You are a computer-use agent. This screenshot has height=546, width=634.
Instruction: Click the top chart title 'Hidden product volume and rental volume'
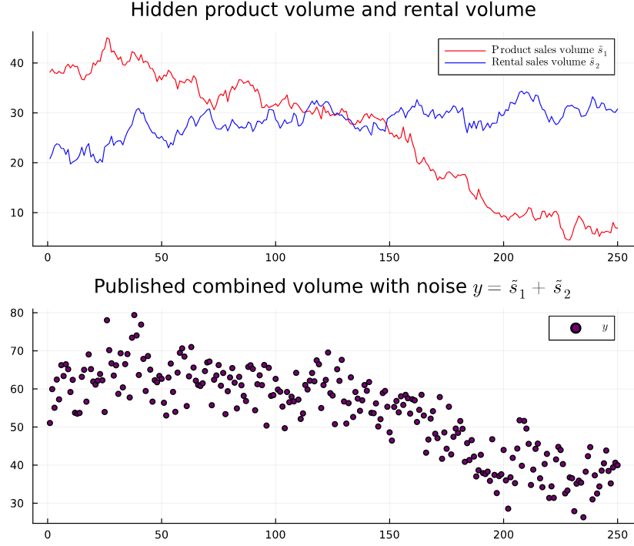332,10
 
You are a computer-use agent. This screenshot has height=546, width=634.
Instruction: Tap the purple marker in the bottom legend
576,328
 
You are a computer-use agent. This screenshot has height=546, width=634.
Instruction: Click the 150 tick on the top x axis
389,257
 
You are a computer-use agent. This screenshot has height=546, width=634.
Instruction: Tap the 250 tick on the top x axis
617,257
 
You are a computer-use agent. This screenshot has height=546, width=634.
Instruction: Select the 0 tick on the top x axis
48,257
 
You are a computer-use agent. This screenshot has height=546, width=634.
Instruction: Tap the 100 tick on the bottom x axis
275,534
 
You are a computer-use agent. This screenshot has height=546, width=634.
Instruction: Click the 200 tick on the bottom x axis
503,534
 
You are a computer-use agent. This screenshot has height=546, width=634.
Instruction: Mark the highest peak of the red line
107,38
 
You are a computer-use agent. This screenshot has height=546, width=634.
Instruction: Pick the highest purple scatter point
134,315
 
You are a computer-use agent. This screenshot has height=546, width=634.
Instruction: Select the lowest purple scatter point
583,517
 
